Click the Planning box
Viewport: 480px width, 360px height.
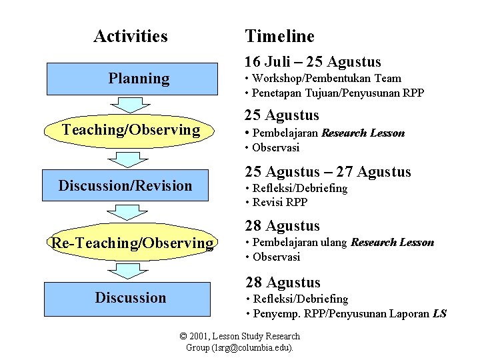(x=131, y=79)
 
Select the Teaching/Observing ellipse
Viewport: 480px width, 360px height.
(x=131, y=129)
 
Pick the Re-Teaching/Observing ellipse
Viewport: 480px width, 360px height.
(x=133, y=243)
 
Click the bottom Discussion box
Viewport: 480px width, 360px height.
(x=131, y=297)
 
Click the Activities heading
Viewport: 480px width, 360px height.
(x=131, y=36)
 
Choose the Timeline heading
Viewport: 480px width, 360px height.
(x=279, y=36)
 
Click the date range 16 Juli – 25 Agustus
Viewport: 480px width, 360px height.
(x=313, y=62)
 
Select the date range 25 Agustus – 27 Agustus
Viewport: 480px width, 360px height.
(x=327, y=172)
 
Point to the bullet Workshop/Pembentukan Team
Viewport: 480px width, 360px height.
(x=323, y=78)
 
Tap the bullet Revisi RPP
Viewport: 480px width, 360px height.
(x=277, y=203)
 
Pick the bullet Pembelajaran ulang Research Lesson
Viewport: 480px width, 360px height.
(x=339, y=242)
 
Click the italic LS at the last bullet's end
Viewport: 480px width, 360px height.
(x=439, y=313)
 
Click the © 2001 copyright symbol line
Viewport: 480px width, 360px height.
(x=241, y=336)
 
